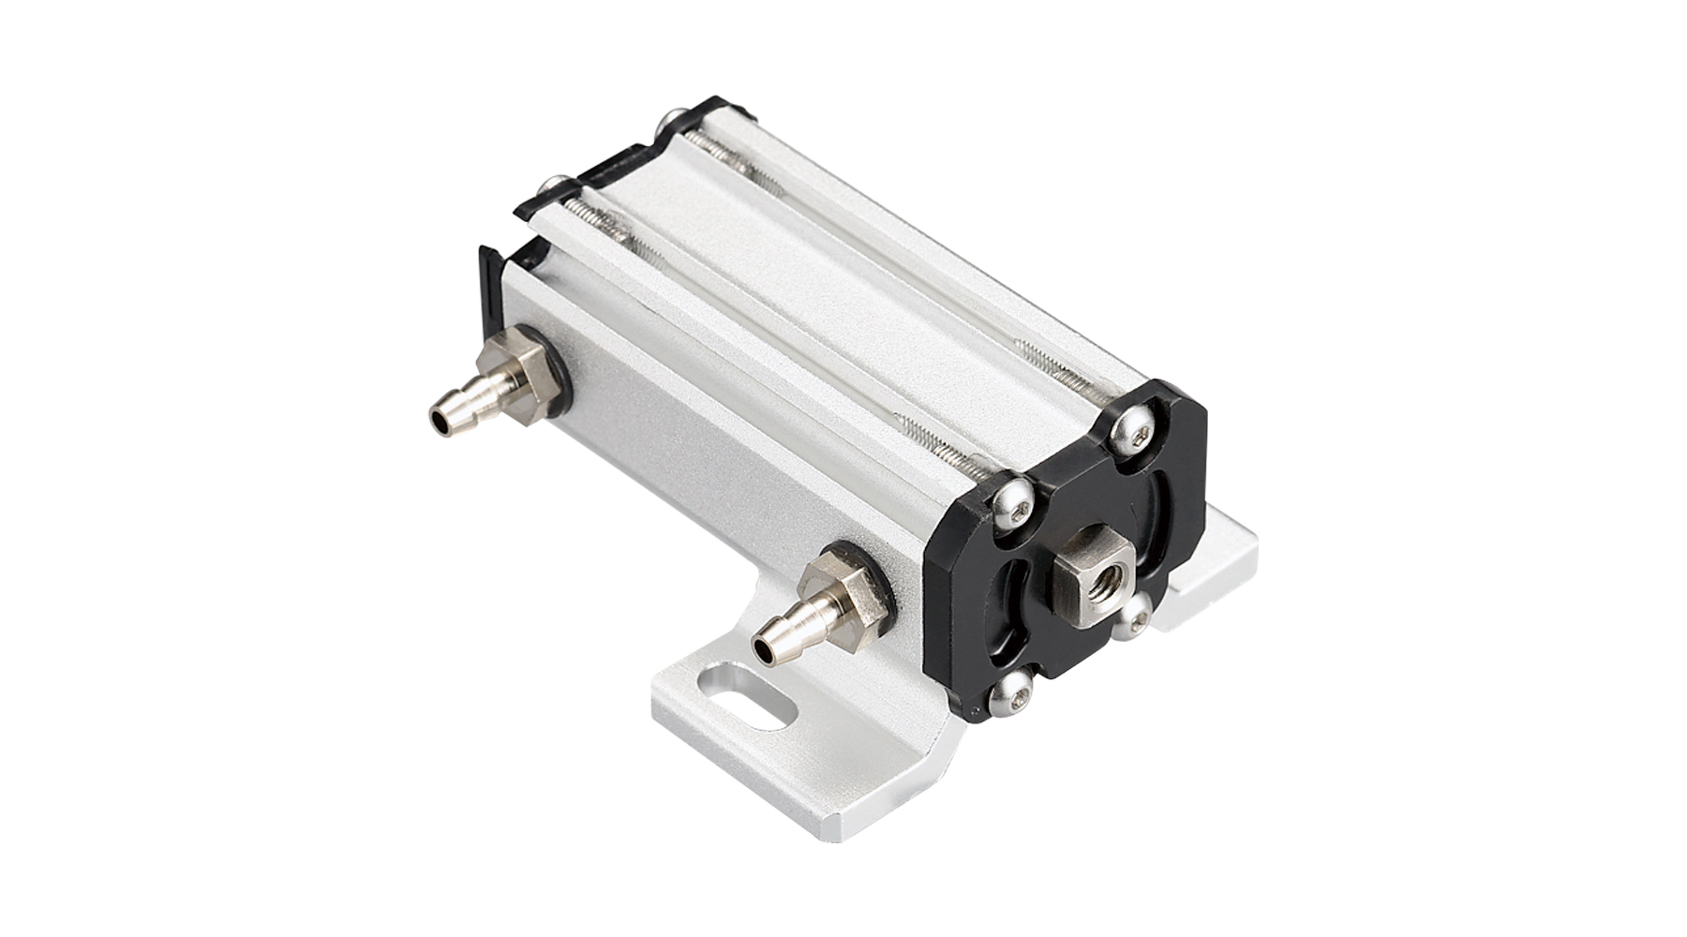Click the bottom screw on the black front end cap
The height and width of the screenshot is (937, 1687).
(x=1012, y=695)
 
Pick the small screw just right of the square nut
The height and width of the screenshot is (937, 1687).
(x=1136, y=614)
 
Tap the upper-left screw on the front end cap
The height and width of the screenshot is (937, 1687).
(x=1015, y=503)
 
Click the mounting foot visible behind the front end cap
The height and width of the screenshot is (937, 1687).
(x=1218, y=572)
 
